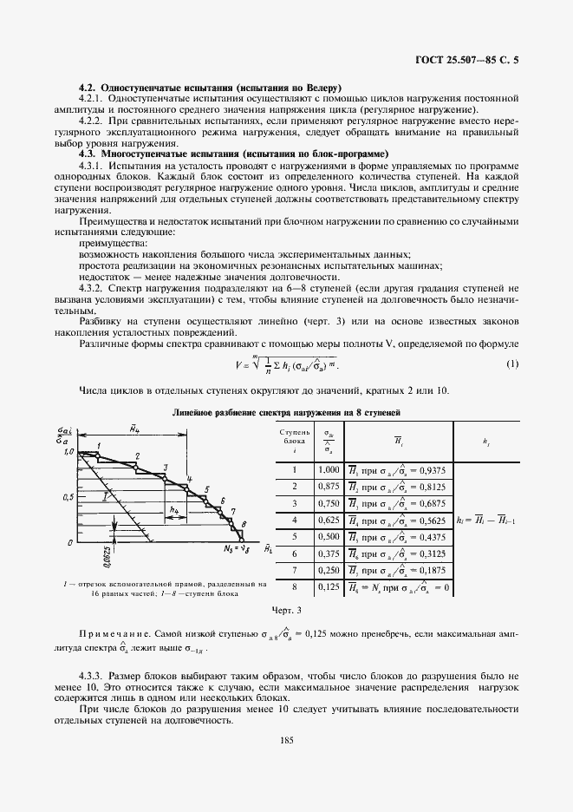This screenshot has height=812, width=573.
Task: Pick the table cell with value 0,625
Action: (329, 521)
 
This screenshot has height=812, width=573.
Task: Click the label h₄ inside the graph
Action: (175, 510)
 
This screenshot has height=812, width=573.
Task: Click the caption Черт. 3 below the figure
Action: (286, 612)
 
